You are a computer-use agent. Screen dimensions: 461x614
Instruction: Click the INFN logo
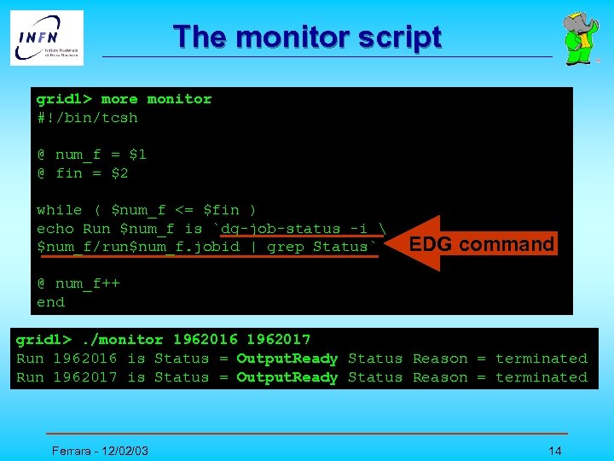click(x=47, y=38)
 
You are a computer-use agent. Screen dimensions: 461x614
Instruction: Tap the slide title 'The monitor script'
click(x=307, y=38)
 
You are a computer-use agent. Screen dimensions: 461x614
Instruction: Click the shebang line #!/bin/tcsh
click(x=87, y=118)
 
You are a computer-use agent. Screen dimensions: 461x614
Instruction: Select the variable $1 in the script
click(x=137, y=155)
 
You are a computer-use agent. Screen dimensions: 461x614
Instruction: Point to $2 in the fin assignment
click(x=119, y=173)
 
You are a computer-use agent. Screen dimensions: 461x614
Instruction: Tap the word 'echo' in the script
click(x=55, y=229)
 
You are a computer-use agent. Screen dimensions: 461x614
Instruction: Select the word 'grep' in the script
click(x=285, y=247)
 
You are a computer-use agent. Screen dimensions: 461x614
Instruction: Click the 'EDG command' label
click(x=483, y=245)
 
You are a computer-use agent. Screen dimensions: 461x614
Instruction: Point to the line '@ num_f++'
click(x=78, y=283)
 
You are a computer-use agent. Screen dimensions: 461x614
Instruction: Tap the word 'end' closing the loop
click(x=50, y=302)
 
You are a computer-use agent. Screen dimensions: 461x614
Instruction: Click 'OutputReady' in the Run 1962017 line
click(x=287, y=377)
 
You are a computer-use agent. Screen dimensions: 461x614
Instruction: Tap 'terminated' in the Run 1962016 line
click(x=542, y=359)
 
